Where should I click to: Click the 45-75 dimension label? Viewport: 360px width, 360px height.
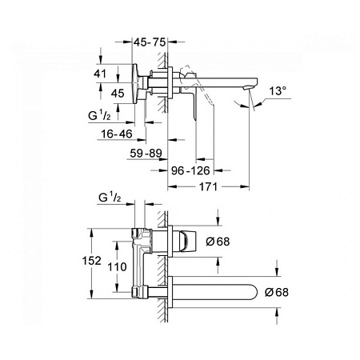150,42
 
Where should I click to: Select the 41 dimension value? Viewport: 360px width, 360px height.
100,74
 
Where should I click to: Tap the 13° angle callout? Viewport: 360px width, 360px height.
278,91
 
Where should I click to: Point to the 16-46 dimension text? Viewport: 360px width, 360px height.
117,134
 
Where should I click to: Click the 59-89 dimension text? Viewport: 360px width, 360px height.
146,154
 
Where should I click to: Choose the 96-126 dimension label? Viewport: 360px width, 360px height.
190,170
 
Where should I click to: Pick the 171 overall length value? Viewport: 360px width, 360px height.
208,187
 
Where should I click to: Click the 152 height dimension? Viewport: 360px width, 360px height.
91,261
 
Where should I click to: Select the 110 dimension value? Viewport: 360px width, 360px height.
117,266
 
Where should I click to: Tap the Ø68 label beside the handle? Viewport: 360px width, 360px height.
218,242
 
